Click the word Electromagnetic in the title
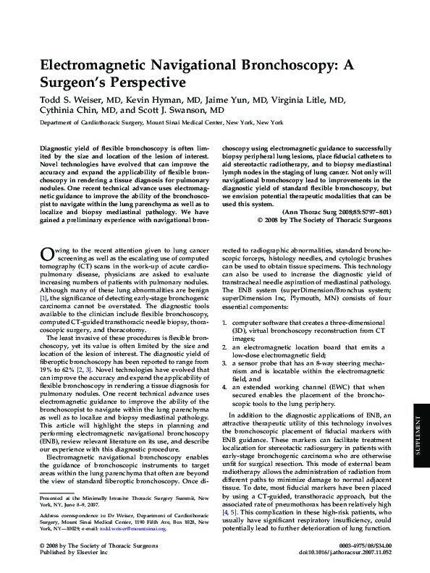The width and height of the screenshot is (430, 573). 98,65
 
